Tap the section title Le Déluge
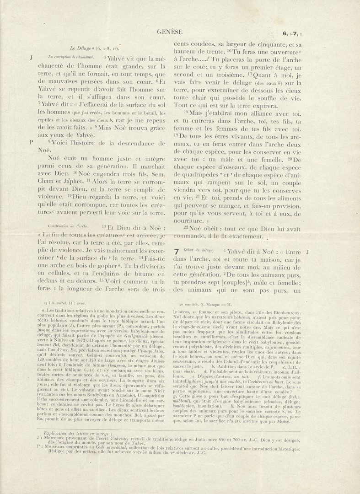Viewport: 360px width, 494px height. (x=79, y=48)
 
